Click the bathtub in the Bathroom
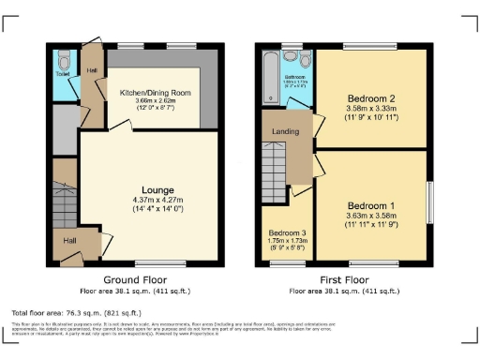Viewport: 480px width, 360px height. (271, 76)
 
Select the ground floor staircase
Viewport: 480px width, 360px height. (64, 199)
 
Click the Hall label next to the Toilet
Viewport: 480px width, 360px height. (92, 69)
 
